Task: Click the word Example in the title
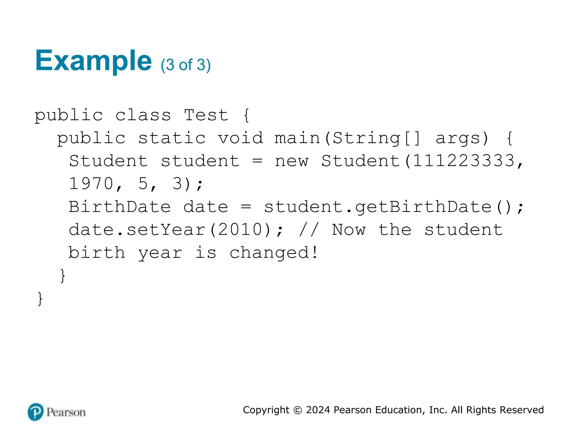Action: [93, 61]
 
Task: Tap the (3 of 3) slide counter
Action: [186, 65]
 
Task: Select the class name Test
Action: [206, 115]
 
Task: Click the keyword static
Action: [172, 138]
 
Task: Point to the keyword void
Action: [240, 138]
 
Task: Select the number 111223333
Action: [464, 161]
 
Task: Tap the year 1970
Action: [91, 184]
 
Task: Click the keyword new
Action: [291, 161]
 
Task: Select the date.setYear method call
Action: [137, 230]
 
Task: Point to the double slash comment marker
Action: [309, 230]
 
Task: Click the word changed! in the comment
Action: [274, 253]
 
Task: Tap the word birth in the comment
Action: [97, 253]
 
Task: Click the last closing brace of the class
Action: [40, 299]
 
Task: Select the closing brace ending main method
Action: [63, 276]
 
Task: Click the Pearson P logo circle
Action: [36, 412]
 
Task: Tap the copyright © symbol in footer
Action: [298, 410]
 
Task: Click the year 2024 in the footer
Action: [318, 410]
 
